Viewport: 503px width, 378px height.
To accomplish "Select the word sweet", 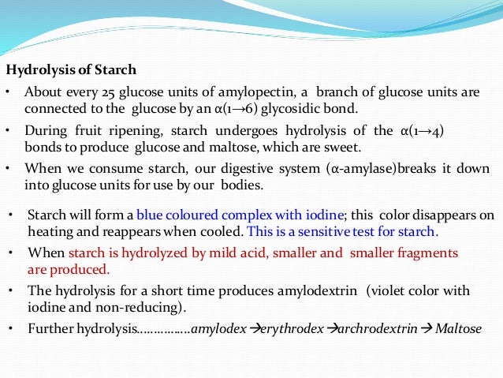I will (341, 148).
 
